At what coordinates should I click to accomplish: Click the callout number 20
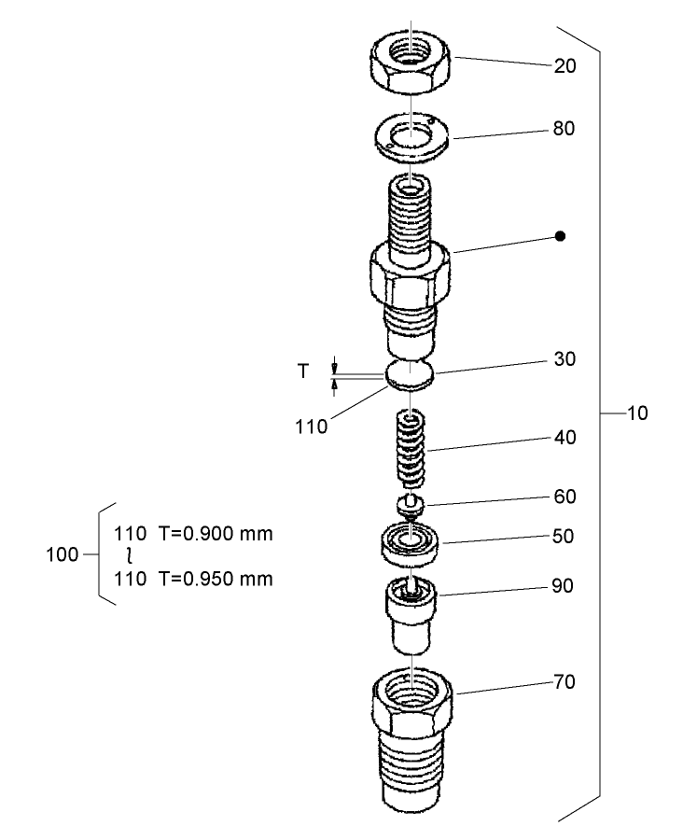[565, 66]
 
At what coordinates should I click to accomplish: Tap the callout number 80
[564, 129]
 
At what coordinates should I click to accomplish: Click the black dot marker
[560, 236]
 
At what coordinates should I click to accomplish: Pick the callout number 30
[565, 359]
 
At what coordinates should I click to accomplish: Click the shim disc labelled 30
[410, 373]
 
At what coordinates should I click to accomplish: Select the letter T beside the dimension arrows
[302, 371]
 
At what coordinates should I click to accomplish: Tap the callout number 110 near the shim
[311, 427]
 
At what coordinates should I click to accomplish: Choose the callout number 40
[565, 437]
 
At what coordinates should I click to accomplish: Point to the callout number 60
[565, 497]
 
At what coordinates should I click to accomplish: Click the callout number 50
[565, 537]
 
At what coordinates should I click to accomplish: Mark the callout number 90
[564, 586]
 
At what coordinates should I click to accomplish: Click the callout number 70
[564, 682]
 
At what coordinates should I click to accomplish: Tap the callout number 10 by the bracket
[637, 413]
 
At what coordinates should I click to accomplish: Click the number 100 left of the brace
[62, 555]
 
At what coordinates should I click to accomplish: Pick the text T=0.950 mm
[215, 579]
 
